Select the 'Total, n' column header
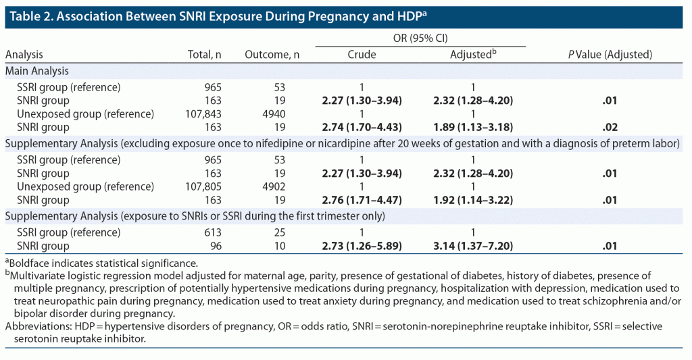point(204,55)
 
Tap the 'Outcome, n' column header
point(272,55)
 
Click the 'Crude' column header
point(362,55)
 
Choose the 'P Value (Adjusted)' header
point(610,55)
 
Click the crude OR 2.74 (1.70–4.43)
point(362,126)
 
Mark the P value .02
point(610,126)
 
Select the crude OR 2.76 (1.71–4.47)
point(362,200)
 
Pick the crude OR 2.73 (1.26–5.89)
point(362,245)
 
